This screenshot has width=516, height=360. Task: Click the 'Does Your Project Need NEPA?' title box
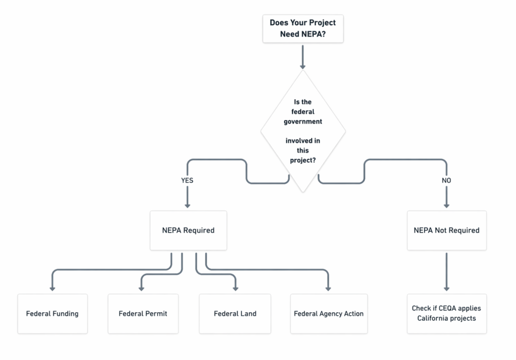[303, 29]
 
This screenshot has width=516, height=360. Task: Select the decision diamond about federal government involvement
[303, 131]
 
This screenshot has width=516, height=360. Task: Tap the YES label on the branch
[187, 180]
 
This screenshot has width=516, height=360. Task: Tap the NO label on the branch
[446, 180]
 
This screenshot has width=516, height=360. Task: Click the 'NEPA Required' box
[188, 231]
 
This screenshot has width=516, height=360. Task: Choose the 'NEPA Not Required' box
[446, 231]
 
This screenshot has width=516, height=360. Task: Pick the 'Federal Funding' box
[52, 314]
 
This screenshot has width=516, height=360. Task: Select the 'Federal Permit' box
[143, 314]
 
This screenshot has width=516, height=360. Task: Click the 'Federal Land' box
[235, 314]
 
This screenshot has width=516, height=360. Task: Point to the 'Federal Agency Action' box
[329, 314]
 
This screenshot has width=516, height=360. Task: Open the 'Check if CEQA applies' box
[446, 314]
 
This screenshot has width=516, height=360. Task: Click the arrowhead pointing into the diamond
[303, 67]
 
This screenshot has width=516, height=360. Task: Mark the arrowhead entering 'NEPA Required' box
[187, 206]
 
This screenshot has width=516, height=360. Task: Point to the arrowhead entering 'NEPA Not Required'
[446, 206]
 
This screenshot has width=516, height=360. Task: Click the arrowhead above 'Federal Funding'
[52, 289]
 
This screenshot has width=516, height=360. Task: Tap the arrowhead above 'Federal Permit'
[142, 289]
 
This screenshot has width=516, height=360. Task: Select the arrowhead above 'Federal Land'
[235, 289]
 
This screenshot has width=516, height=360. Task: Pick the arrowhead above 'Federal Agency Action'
[328, 289]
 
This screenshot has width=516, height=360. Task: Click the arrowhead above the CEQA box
[446, 289]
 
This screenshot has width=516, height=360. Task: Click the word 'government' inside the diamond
[303, 122]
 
